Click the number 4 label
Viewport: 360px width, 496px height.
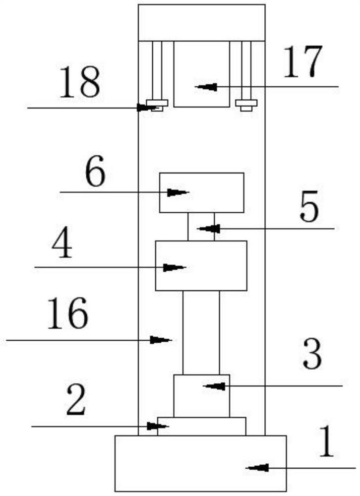[x=61, y=247]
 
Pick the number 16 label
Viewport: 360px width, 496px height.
[x=68, y=314]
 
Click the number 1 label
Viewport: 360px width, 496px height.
[x=326, y=444]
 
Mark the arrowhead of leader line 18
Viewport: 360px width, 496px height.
[x=145, y=107]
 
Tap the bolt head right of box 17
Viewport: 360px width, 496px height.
[x=246, y=104]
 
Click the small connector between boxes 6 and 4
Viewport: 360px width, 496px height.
[x=201, y=227]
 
